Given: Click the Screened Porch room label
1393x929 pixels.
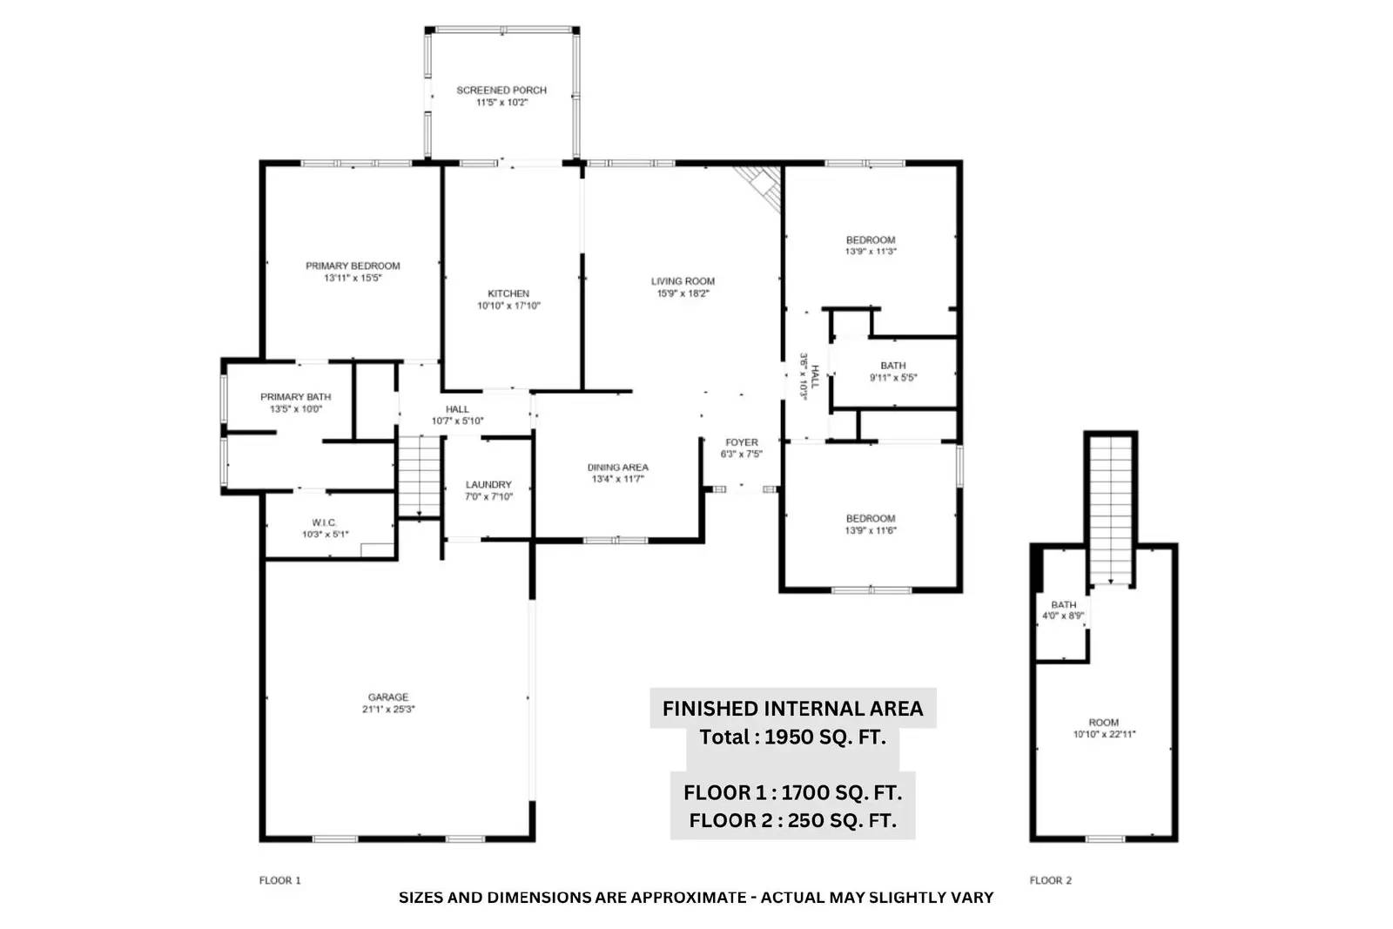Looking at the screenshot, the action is click(501, 91).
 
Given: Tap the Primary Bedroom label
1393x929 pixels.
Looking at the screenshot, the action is click(353, 266).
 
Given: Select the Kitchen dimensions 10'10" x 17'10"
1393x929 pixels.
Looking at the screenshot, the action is click(508, 306).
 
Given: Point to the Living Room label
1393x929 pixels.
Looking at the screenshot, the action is click(683, 281).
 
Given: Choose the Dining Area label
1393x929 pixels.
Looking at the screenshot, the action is click(617, 468).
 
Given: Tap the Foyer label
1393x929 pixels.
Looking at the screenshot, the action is click(741, 443).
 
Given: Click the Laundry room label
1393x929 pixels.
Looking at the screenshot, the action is click(488, 485).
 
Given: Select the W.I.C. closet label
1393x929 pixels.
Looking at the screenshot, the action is click(324, 523).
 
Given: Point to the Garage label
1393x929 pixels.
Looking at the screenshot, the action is click(388, 697).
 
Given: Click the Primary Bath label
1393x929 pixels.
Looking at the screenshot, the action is click(295, 397).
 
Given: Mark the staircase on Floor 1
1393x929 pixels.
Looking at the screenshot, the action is click(419, 476).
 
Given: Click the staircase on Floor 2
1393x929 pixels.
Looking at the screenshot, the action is click(1111, 510).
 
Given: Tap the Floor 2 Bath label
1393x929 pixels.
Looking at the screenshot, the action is click(1063, 605).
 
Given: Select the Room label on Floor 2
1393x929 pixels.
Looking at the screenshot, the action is click(1104, 723).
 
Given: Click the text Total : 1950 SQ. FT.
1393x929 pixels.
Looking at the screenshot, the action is click(793, 737).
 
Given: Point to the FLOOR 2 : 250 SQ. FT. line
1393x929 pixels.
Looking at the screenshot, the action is click(793, 821).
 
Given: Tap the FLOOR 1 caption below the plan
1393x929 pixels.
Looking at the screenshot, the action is click(279, 880).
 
